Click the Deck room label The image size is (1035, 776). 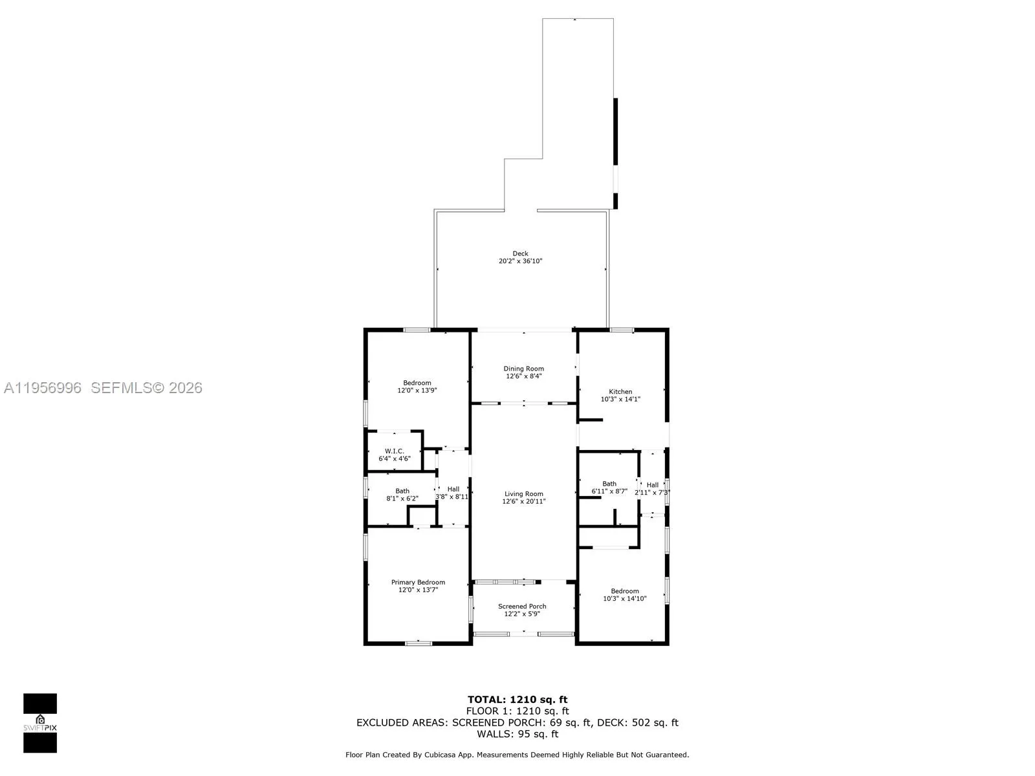click(520, 253)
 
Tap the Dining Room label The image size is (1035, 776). click(523, 369)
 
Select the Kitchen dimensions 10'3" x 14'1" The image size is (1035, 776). click(620, 400)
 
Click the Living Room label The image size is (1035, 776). click(523, 493)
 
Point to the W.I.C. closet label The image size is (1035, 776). click(394, 451)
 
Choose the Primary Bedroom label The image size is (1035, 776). click(418, 582)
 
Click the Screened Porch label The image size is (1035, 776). click(522, 606)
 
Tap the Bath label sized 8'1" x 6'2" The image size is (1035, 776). click(402, 491)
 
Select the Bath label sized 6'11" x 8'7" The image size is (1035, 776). click(609, 483)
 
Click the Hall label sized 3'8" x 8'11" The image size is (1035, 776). click(453, 489)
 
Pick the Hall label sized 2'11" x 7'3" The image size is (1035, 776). click(652, 484)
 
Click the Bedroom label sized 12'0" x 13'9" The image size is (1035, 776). click(417, 383)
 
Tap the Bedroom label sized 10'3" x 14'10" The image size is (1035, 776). click(625, 590)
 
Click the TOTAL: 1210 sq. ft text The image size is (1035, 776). click(517, 699)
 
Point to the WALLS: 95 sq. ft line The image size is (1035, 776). click(517, 734)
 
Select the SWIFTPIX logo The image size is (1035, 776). click(40, 723)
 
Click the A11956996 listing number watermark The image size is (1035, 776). click(43, 387)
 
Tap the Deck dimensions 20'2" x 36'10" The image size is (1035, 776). click(520, 261)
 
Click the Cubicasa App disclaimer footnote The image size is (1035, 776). click(517, 755)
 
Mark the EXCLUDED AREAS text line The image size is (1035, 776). click(517, 722)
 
